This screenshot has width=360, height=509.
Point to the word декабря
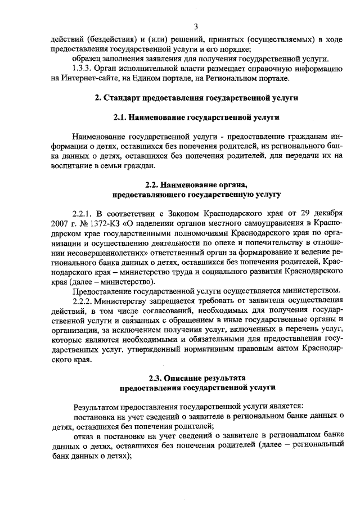click(325, 214)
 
